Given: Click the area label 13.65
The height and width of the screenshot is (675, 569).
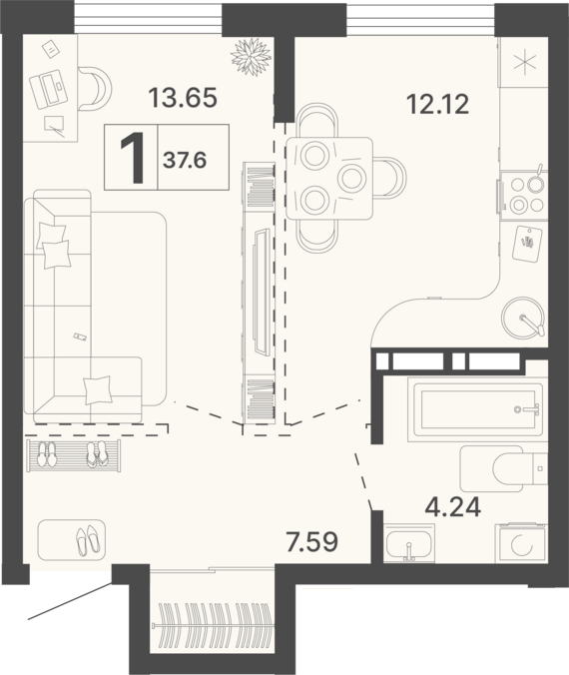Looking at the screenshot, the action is (x=183, y=97).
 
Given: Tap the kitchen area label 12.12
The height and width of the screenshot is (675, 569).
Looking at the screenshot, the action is (x=438, y=105).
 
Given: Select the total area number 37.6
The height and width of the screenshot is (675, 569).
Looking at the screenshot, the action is (x=185, y=161).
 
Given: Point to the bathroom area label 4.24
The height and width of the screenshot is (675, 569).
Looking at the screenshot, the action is (x=453, y=507).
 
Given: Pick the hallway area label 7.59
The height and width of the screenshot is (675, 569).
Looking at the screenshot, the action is (x=312, y=542).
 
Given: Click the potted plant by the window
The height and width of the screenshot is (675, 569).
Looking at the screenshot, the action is (x=252, y=57).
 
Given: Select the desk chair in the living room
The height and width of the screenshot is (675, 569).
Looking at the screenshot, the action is (x=95, y=89).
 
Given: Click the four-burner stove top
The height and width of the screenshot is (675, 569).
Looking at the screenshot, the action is (x=523, y=195).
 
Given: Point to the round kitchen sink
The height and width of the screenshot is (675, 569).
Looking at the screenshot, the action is (x=524, y=318).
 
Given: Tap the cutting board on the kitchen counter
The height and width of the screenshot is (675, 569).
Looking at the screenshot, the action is (x=527, y=244).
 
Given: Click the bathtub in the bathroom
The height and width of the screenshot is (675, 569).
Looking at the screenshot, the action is (x=475, y=409).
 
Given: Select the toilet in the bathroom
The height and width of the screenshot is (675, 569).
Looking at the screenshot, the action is (x=504, y=468).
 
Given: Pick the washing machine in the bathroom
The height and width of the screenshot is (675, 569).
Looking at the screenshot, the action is (x=521, y=543).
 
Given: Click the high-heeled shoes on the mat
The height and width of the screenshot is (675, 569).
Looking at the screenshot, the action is (x=88, y=540).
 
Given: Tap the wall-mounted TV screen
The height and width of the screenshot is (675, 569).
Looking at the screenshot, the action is (x=263, y=293).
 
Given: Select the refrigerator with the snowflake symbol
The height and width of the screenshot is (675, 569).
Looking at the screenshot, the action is (x=523, y=63).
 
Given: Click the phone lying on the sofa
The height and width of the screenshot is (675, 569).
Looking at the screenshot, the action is (x=80, y=337).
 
